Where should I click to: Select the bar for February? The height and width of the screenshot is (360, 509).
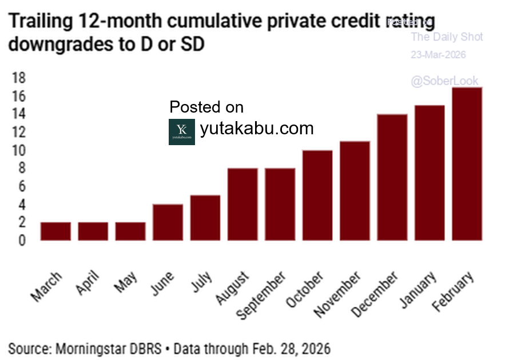[x=467, y=163]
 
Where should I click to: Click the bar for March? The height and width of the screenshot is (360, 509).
[x=55, y=231]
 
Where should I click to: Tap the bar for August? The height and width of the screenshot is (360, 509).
[x=242, y=204]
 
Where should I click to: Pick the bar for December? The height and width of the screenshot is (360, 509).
[x=392, y=177]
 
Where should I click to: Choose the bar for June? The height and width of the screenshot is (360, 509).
[x=168, y=222]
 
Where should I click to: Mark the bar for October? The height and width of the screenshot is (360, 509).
[x=317, y=195]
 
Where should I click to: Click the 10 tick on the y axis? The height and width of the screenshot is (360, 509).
[x=18, y=150]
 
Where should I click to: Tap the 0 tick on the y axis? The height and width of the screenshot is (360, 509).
[x=22, y=241]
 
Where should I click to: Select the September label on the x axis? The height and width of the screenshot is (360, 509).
[x=261, y=295]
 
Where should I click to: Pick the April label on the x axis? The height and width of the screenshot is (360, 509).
[x=88, y=284]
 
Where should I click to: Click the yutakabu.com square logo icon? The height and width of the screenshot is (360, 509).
[x=182, y=132]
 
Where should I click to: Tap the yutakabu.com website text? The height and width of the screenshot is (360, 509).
[x=257, y=129]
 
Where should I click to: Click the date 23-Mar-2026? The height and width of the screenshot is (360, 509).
[x=438, y=55]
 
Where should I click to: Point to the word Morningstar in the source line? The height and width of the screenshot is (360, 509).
[x=92, y=348]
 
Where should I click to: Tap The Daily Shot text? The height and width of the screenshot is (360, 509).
[x=447, y=38]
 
